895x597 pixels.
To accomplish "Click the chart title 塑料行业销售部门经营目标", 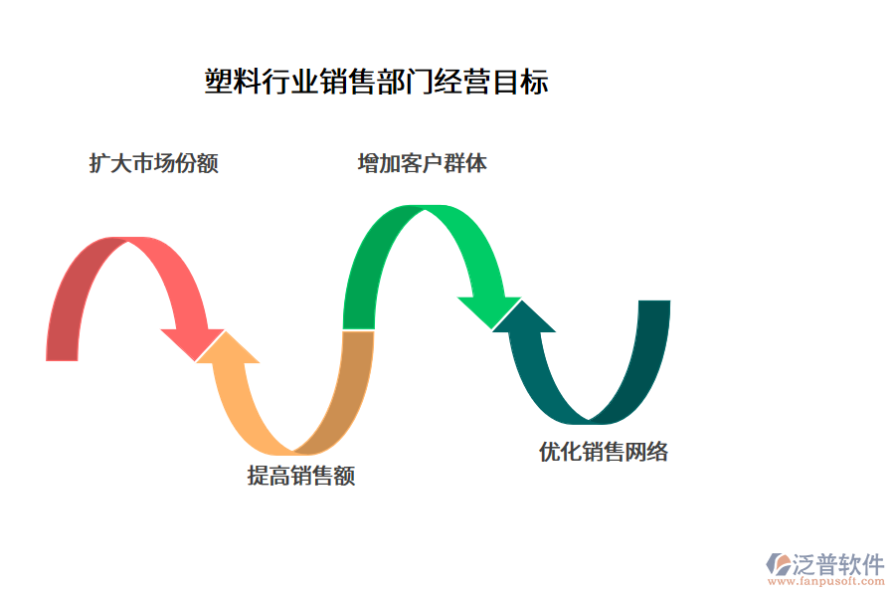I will click(376, 82).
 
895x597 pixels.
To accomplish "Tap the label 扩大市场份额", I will click(154, 163).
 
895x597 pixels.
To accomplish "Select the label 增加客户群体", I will click(423, 163).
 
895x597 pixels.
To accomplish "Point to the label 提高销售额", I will click(301, 476).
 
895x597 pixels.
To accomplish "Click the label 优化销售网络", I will click(604, 452).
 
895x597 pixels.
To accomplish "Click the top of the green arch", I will click(426, 209).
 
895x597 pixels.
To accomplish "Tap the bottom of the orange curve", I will click(293, 450).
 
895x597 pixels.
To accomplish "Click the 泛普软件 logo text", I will click(837, 564).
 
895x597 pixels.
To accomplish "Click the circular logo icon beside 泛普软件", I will click(777, 564).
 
